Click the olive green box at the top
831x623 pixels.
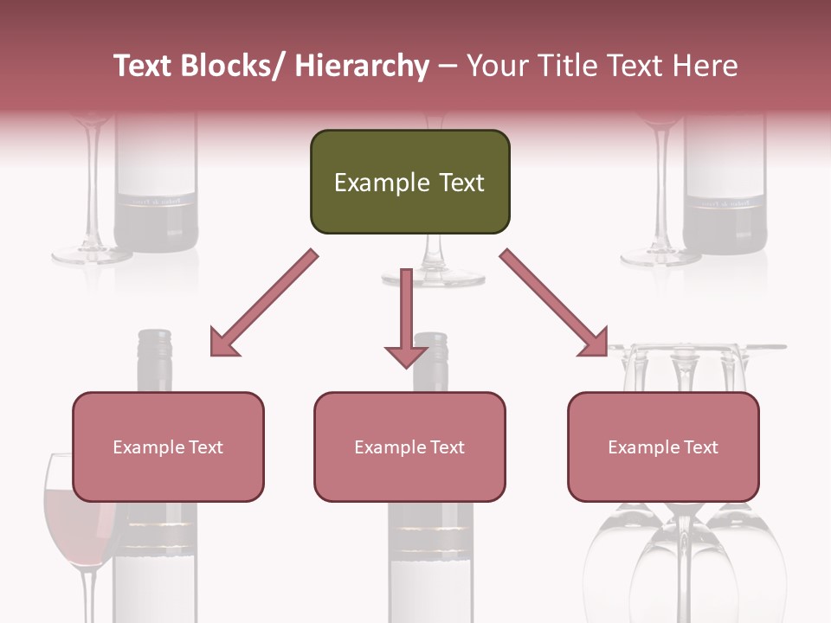pyautogui.click(x=409, y=182)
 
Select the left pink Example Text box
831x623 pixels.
pyautogui.click(x=168, y=446)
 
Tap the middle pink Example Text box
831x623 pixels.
pyautogui.click(x=409, y=446)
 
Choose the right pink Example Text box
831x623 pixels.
pyautogui.click(x=663, y=446)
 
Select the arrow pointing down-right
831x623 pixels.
pyautogui.click(x=554, y=303)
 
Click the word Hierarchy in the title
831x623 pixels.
pyautogui.click(x=362, y=66)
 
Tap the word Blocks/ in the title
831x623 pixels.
pyautogui.click(x=231, y=66)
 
